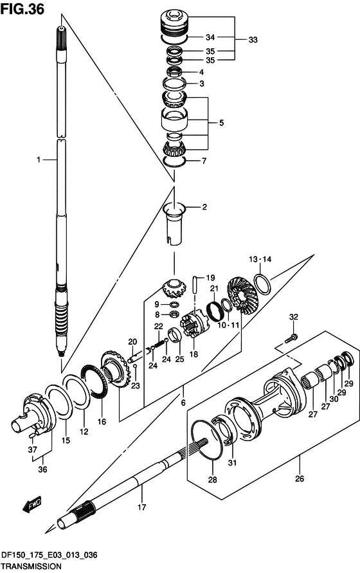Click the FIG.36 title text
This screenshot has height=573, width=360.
[x=22, y=9]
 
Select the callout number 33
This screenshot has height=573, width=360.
[x=253, y=40]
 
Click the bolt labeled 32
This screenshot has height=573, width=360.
[x=291, y=338]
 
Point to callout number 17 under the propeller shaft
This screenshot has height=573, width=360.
[x=142, y=507]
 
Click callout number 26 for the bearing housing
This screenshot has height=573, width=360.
[x=300, y=478]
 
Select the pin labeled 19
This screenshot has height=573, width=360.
[x=196, y=284]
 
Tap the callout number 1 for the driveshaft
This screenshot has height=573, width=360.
[x=38, y=159]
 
